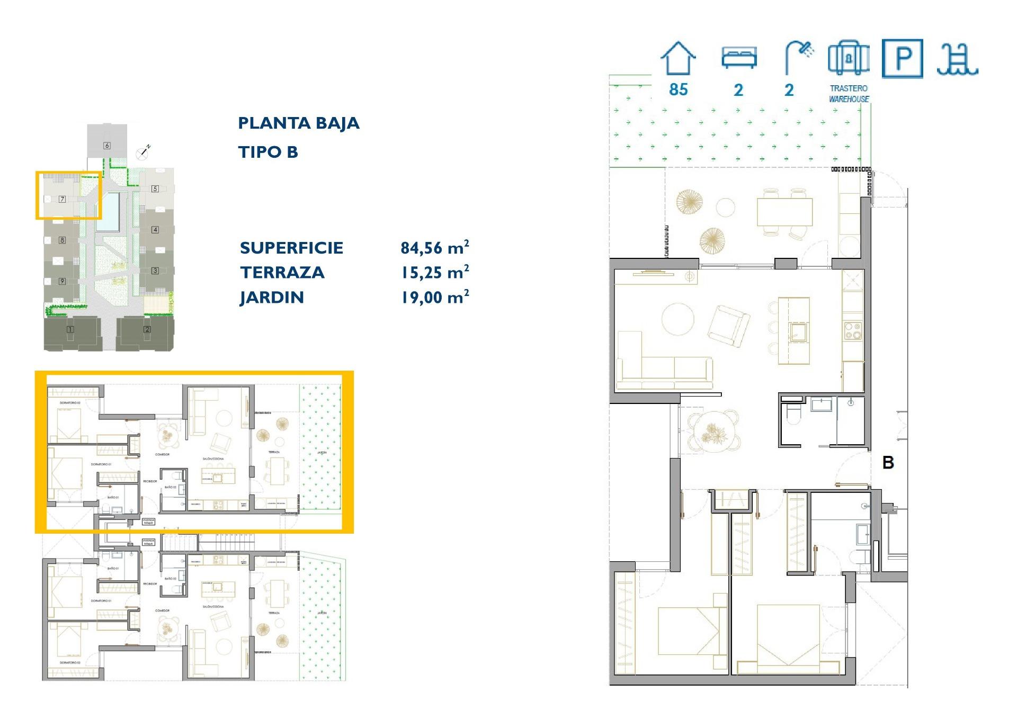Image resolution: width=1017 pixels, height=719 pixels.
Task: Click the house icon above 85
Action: point(678,59)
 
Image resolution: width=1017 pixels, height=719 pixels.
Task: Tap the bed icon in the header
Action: point(739,57)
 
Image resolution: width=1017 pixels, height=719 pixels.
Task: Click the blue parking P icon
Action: point(903,59)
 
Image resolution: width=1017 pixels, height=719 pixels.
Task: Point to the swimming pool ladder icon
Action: point(957,59)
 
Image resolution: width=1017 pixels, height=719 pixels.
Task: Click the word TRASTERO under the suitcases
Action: point(849,88)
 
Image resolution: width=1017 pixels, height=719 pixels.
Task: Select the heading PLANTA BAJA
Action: point(298,123)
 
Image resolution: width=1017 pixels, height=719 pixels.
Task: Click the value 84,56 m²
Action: point(434,247)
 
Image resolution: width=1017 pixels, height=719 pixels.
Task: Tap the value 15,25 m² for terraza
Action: point(434,272)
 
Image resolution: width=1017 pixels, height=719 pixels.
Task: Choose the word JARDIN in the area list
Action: point(272,298)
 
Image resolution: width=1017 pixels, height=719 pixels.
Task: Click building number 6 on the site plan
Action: point(107,146)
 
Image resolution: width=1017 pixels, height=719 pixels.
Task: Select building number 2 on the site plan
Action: point(147,329)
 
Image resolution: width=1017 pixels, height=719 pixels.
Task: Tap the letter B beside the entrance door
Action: point(888,463)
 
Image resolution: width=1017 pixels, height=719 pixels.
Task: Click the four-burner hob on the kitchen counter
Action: point(852,331)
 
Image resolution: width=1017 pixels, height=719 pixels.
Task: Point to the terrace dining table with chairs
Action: point(784,212)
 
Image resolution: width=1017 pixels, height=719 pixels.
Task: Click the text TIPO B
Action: point(268,152)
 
